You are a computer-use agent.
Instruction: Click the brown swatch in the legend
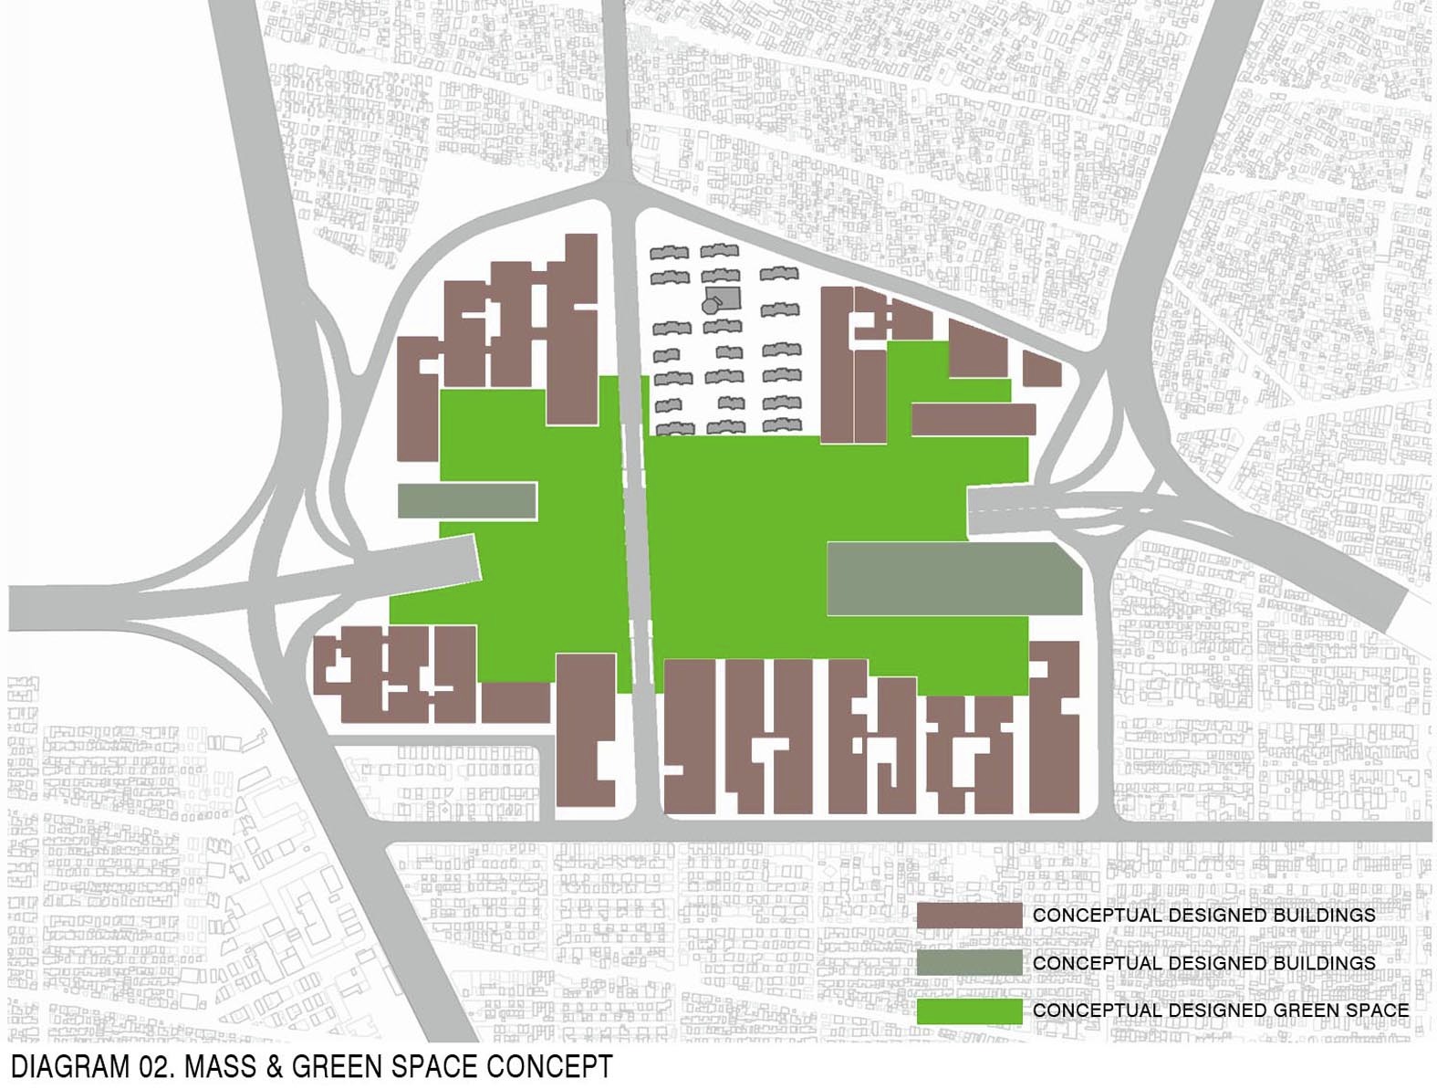click(x=969, y=915)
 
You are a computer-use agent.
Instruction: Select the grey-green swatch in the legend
click(x=969, y=963)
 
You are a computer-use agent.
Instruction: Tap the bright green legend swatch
click(x=969, y=1010)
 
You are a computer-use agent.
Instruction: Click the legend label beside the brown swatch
click(x=1203, y=915)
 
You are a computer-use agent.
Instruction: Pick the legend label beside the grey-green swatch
click(x=1203, y=963)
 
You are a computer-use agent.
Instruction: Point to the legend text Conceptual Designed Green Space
click(x=1221, y=1010)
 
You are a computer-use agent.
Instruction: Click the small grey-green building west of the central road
click(x=466, y=501)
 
